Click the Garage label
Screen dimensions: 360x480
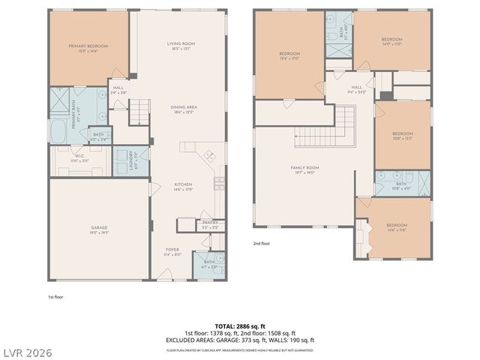pos(100,230)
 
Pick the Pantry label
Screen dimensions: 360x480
pos(209,223)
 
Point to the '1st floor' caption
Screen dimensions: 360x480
pos(56,297)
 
